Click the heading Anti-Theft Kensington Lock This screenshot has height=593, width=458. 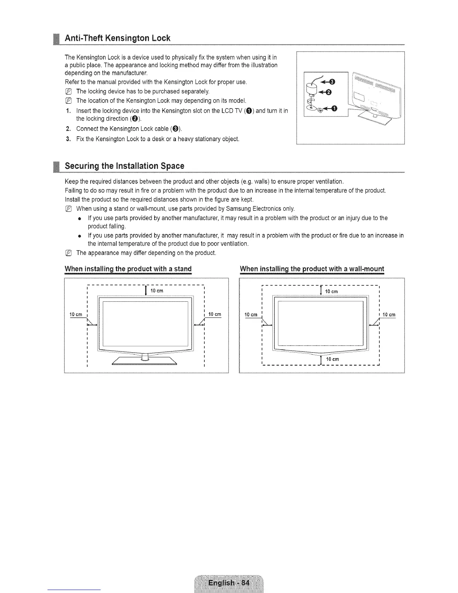point(117,38)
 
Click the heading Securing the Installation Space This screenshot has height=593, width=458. point(125,166)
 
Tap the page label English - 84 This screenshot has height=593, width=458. point(229,583)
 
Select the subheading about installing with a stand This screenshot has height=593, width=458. point(128,269)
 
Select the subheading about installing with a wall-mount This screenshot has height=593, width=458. point(312,269)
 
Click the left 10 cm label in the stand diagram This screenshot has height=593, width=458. point(76,314)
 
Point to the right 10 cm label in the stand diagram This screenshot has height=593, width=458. point(215,314)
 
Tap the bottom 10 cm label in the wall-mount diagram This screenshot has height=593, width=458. point(332,359)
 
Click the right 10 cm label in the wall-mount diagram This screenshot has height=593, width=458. point(389,315)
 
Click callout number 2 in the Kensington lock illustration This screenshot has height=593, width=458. point(328,92)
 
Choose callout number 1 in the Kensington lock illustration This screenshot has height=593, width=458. point(334,109)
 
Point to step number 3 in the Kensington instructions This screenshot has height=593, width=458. point(68,139)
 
